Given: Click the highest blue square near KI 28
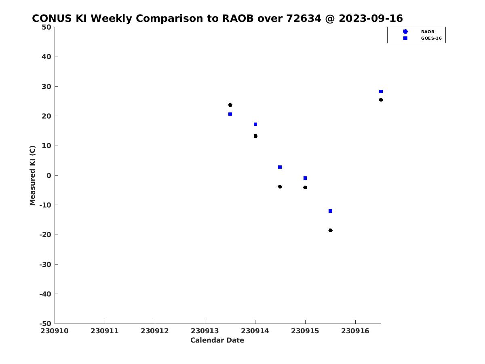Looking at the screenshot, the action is (381, 91).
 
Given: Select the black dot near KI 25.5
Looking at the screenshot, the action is (381, 100).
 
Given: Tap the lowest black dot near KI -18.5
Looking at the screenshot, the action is (330, 231).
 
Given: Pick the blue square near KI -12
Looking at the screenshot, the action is (330, 211).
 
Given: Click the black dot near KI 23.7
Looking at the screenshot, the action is (230, 105).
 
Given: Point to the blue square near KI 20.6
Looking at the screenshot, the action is (230, 114).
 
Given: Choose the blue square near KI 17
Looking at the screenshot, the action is (255, 124).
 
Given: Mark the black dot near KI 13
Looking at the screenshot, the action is (255, 136).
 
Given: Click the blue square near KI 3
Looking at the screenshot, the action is (280, 167).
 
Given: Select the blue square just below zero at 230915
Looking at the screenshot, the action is (305, 178).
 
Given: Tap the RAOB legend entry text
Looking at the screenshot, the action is (428, 32).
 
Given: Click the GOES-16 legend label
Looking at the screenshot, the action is (431, 38).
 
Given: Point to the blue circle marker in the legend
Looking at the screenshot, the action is (405, 32).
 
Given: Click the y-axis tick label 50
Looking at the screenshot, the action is (46, 27).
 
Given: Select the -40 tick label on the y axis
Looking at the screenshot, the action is (45, 294).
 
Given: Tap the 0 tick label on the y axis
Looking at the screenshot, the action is (49, 176).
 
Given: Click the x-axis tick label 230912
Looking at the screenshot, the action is (155, 331).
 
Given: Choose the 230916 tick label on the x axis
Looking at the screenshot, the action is (355, 331).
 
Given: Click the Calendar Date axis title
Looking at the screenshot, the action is (217, 340).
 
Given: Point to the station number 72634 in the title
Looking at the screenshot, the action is (304, 18).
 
